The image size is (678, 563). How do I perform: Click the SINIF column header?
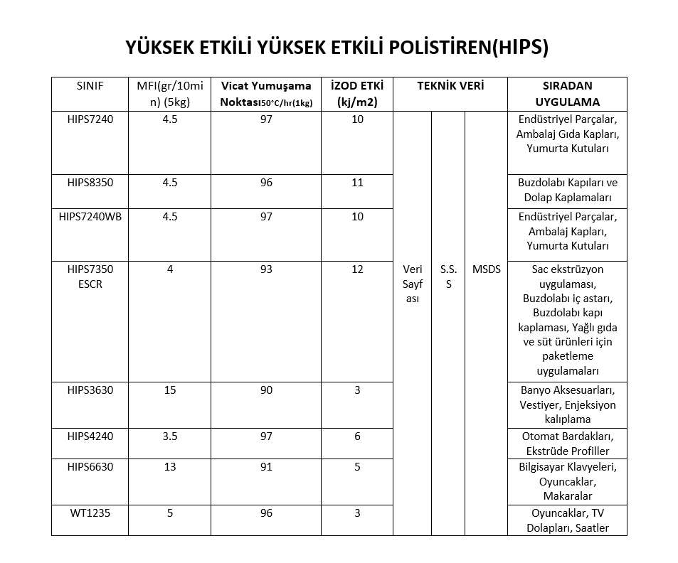tap(90, 86)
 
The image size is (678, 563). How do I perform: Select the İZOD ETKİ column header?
tap(357, 94)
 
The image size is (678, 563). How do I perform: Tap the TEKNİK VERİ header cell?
tap(450, 86)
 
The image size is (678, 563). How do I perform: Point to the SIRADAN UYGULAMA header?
tap(567, 94)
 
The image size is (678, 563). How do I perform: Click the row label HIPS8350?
tap(90, 183)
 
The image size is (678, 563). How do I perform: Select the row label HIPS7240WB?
tap(90, 217)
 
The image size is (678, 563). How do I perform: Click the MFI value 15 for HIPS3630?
tap(170, 390)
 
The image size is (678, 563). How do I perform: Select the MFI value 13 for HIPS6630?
tap(170, 467)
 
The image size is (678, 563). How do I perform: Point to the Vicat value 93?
tap(266, 269)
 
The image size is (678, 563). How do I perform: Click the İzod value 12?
tap(357, 269)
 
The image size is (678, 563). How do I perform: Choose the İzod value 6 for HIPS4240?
tap(357, 436)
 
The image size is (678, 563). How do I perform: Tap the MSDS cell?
tap(486, 269)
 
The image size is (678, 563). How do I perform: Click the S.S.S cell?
tap(448, 277)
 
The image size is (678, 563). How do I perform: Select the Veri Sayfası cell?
tap(413, 284)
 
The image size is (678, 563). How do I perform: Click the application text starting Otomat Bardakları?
tap(567, 444)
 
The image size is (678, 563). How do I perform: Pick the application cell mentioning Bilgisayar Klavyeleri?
tap(567, 481)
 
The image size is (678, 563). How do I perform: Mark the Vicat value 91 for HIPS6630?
tap(266, 467)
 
